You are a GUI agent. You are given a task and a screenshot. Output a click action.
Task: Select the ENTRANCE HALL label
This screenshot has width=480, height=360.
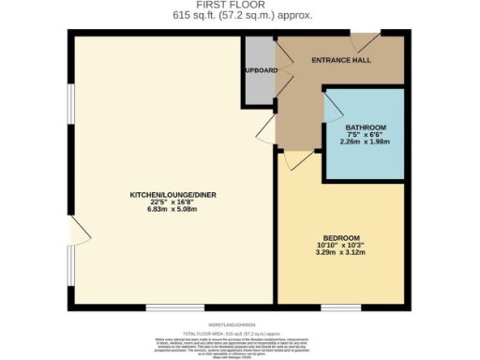coord(340,60)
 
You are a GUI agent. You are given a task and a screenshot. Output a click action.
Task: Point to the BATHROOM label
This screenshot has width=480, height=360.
coord(366,127)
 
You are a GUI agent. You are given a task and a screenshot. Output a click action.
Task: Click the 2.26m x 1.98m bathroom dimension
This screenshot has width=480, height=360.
coord(366,142)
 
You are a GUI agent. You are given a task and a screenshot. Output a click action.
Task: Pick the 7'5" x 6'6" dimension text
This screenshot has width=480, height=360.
coord(366,134)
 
